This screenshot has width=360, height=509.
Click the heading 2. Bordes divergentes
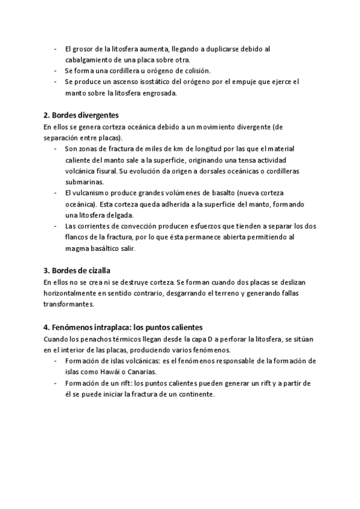point(81,115)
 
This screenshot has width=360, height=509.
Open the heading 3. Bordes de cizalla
point(77,270)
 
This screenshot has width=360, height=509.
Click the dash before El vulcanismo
point(55,193)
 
